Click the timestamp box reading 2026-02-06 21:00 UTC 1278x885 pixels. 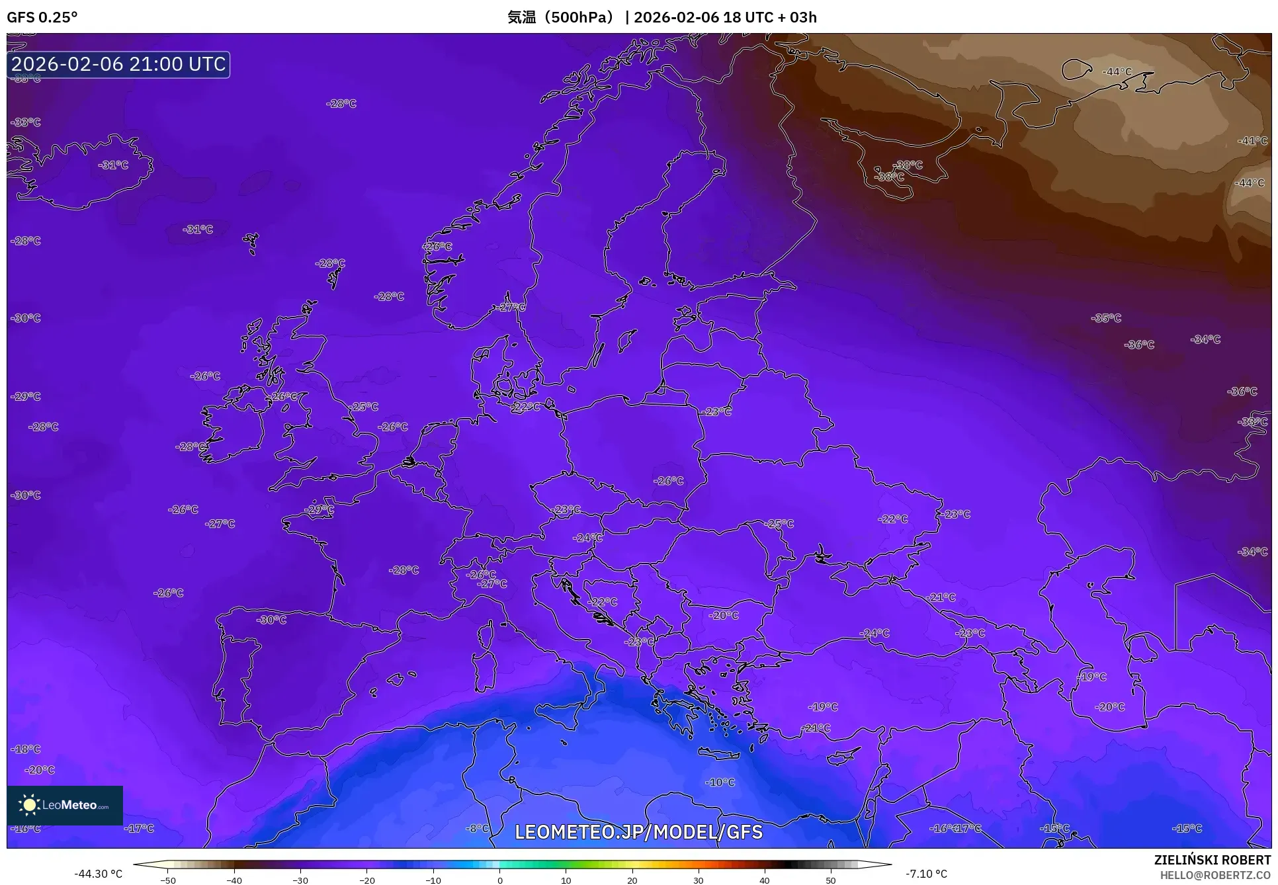point(118,64)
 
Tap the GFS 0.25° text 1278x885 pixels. point(42,17)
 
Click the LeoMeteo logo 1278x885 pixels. point(65,805)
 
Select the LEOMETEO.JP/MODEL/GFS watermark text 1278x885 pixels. point(638,832)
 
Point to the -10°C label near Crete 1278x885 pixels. point(720,782)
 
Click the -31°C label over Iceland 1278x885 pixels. point(113,165)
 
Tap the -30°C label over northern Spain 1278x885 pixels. point(271,620)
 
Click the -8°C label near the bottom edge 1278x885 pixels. point(478,828)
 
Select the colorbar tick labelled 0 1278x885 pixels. point(499,880)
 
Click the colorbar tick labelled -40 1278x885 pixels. point(234,880)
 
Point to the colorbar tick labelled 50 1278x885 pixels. point(831,880)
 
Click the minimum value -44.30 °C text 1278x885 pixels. point(98,874)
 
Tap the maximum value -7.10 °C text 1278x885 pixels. point(926,874)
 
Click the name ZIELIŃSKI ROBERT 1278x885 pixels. point(1212,860)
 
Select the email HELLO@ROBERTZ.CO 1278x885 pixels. point(1215,875)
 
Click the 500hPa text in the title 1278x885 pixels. point(581,17)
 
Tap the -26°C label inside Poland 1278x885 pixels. point(668,481)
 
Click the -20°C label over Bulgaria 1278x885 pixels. point(724,615)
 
